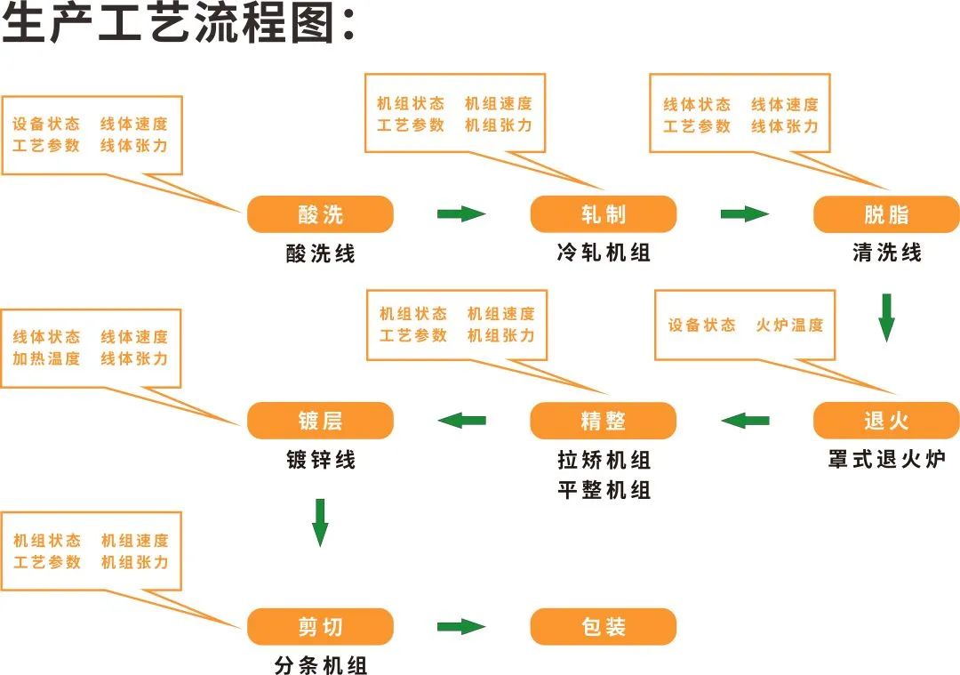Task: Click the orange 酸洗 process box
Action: (x=320, y=214)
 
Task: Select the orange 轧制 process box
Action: (x=604, y=214)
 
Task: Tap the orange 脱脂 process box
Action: (x=886, y=214)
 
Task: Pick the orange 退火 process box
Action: (x=886, y=421)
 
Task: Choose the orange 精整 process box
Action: (x=604, y=421)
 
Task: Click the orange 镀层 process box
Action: (x=320, y=421)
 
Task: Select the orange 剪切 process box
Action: (x=320, y=627)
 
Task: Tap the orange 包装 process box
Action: (x=604, y=627)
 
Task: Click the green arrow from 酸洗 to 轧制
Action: (x=461, y=213)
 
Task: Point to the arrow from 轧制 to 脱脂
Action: (x=744, y=213)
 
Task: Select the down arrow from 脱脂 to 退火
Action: (x=886, y=317)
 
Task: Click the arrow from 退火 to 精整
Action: (x=745, y=420)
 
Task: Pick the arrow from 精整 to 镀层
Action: (x=462, y=420)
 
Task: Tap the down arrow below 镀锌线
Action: (x=320, y=522)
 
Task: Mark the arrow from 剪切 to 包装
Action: (x=461, y=626)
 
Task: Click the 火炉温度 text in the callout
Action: (x=789, y=325)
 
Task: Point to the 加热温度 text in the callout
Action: (x=46, y=358)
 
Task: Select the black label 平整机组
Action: (x=604, y=490)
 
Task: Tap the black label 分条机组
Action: (x=320, y=665)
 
